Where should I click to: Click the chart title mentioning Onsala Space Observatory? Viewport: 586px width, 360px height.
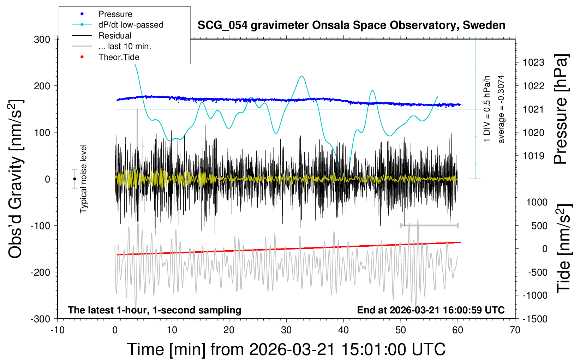coord(351,25)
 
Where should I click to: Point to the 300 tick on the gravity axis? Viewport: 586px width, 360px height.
coord(42,40)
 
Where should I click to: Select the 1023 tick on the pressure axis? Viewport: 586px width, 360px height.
coord(533,63)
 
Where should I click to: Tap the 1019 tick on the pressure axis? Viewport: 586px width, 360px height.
coord(533,156)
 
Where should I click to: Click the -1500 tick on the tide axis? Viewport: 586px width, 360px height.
coord(535,319)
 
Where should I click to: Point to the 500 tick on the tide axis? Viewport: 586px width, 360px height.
coord(539,226)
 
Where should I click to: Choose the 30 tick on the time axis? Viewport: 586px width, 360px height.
coord(286,330)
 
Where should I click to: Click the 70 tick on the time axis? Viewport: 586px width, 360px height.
coord(515,330)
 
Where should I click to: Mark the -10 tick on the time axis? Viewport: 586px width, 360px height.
coord(58,330)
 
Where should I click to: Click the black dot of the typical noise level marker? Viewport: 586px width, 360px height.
coord(74,179)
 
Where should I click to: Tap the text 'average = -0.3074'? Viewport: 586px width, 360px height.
coord(501,109)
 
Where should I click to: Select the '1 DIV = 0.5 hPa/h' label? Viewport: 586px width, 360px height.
coord(487,109)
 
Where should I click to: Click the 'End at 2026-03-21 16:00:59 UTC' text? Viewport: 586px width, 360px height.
coord(431,310)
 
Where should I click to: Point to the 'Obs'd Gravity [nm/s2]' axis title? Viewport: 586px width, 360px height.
coord(16,179)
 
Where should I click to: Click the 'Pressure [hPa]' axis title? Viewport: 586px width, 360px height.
coord(561,109)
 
